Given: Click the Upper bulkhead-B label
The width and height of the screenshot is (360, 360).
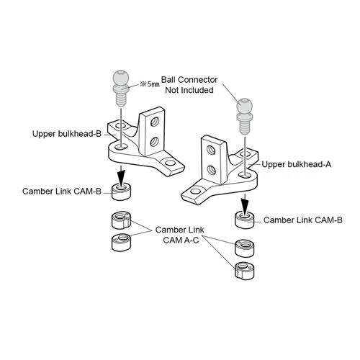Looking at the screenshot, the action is tap(67, 134).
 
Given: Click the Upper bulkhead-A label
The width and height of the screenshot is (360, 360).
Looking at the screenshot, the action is tap(297, 164).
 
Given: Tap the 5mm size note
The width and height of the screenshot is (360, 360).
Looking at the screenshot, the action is tap(150, 84).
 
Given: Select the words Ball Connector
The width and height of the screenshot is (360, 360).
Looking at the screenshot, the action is tap(189, 80).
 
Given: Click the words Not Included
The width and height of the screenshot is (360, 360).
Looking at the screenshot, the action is tap(189, 90).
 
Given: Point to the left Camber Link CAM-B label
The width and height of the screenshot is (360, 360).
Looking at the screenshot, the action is tap(62, 192).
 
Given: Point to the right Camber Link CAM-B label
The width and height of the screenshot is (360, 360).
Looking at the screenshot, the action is tap(303, 220).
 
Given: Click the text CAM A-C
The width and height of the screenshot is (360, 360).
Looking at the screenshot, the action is tap(181, 240).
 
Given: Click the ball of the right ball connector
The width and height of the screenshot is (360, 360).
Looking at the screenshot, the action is tap(245, 106).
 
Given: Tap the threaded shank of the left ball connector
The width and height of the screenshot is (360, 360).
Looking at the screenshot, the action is tap(121, 100).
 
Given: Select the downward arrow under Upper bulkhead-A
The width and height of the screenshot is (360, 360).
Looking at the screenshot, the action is tap(245, 203).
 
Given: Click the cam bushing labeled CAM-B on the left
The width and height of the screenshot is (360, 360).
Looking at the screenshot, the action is tap(122, 192).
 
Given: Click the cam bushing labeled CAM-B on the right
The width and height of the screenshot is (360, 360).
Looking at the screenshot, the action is tap(245, 220).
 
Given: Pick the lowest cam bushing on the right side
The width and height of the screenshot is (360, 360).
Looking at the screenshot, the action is tap(245, 271).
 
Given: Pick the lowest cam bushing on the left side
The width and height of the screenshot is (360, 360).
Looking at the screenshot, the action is tap(122, 243).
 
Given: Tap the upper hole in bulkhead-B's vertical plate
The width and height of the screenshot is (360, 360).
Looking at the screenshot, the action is tap(155, 122).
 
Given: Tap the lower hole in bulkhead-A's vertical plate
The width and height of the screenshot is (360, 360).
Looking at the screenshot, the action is tap(211, 170).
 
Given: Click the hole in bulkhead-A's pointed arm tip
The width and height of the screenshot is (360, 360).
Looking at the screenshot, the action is tap(194, 192).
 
